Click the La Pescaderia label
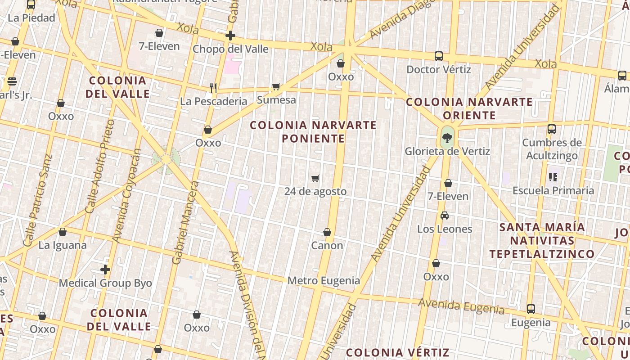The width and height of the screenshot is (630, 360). tap(214, 101)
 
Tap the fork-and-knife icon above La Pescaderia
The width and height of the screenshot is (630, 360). tap(213, 88)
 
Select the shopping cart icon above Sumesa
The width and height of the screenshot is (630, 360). tap(276, 86)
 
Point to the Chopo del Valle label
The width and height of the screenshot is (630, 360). tap(230, 49)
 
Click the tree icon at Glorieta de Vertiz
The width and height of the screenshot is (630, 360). tap(447, 138)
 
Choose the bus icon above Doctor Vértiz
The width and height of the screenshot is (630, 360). tap(439, 56)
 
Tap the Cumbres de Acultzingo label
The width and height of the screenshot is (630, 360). tap(552, 149)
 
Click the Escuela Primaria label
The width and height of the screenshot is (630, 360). tap(553, 190)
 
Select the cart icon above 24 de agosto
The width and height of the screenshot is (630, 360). tap(315, 178)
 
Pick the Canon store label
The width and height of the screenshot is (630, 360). tap(327, 245)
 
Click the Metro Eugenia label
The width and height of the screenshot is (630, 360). tap(324, 280)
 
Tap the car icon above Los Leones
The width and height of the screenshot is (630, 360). tap(445, 216)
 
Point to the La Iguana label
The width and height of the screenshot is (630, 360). tap(63, 245)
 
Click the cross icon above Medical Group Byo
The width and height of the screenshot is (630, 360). tap(105, 270)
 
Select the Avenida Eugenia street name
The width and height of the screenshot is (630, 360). tap(461, 306)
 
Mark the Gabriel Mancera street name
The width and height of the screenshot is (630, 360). tap(185, 222)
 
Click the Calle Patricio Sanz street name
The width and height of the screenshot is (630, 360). tap(37, 200)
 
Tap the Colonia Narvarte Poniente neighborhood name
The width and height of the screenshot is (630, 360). tap(313, 131)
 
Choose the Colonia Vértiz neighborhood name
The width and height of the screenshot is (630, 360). tap(397, 352)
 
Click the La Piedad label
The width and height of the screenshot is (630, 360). tap(31, 18)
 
